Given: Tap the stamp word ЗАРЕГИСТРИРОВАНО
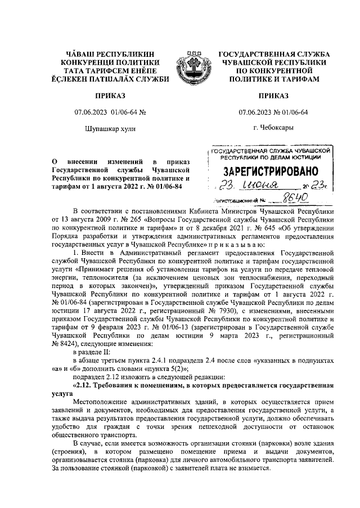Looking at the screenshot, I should [271, 171].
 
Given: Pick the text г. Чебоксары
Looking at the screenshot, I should [273, 128].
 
